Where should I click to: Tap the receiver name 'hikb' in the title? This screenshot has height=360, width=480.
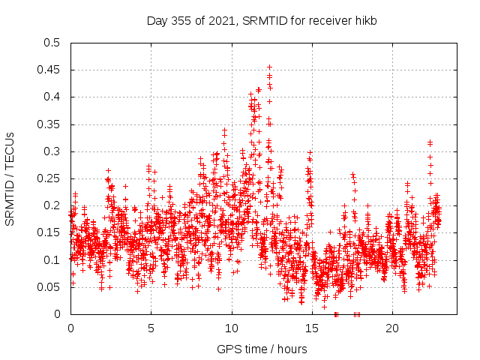pos(364,21)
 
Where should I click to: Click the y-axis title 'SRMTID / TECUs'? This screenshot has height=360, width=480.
pos(10,178)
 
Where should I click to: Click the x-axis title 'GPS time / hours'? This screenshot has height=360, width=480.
pos(262,349)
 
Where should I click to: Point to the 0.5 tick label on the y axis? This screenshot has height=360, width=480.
pos(52,43)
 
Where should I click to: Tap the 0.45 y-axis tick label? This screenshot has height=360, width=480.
pos(49,70)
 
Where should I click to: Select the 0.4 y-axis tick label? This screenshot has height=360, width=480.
pos(52,97)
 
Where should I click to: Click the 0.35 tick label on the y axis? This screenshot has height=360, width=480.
pos(49,124)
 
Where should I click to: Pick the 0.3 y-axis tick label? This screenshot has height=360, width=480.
pos(52,151)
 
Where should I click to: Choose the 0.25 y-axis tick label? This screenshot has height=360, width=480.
pos(49,178)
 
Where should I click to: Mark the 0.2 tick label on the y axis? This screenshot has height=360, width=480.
pos(52,205)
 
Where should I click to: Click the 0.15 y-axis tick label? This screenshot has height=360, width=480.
pos(49,232)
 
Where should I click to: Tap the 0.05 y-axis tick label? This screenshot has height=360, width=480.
pos(49,287)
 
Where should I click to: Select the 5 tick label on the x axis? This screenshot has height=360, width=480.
pos(151,328)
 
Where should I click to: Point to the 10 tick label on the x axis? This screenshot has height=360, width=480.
pos(232,328)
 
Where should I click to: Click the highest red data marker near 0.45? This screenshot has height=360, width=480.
pos(269,67)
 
